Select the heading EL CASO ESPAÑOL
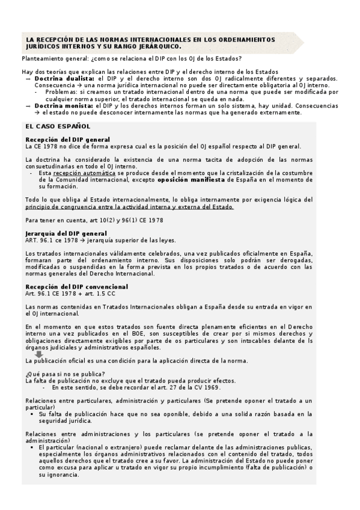coord(58,126)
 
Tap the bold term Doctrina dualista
coord(64,79)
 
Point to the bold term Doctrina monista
coord(64,105)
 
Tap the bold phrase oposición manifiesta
coord(199,179)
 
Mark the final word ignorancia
coord(61,475)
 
